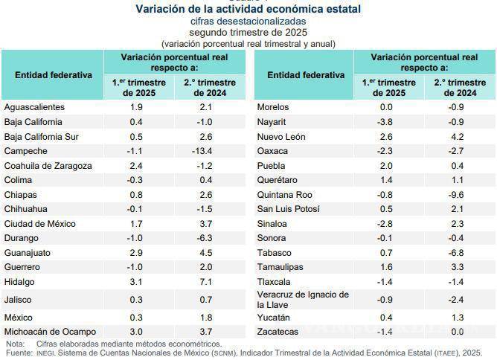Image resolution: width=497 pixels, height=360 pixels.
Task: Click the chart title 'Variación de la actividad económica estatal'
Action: tap(248, 10)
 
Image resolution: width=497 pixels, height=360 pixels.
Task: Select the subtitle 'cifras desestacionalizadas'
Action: tap(248, 22)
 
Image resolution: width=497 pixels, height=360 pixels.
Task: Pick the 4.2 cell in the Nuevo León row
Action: tap(456, 136)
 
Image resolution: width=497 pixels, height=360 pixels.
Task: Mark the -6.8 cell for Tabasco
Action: tap(456, 252)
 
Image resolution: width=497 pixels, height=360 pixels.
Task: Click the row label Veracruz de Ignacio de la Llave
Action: tap(303, 300)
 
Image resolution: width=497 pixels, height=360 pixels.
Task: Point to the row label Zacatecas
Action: tap(278, 331)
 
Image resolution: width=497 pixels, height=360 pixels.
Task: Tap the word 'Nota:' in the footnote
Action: tap(15, 344)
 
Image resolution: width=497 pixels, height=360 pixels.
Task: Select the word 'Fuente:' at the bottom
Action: tap(18, 353)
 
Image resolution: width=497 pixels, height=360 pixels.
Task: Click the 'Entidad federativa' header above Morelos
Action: tap(306, 75)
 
